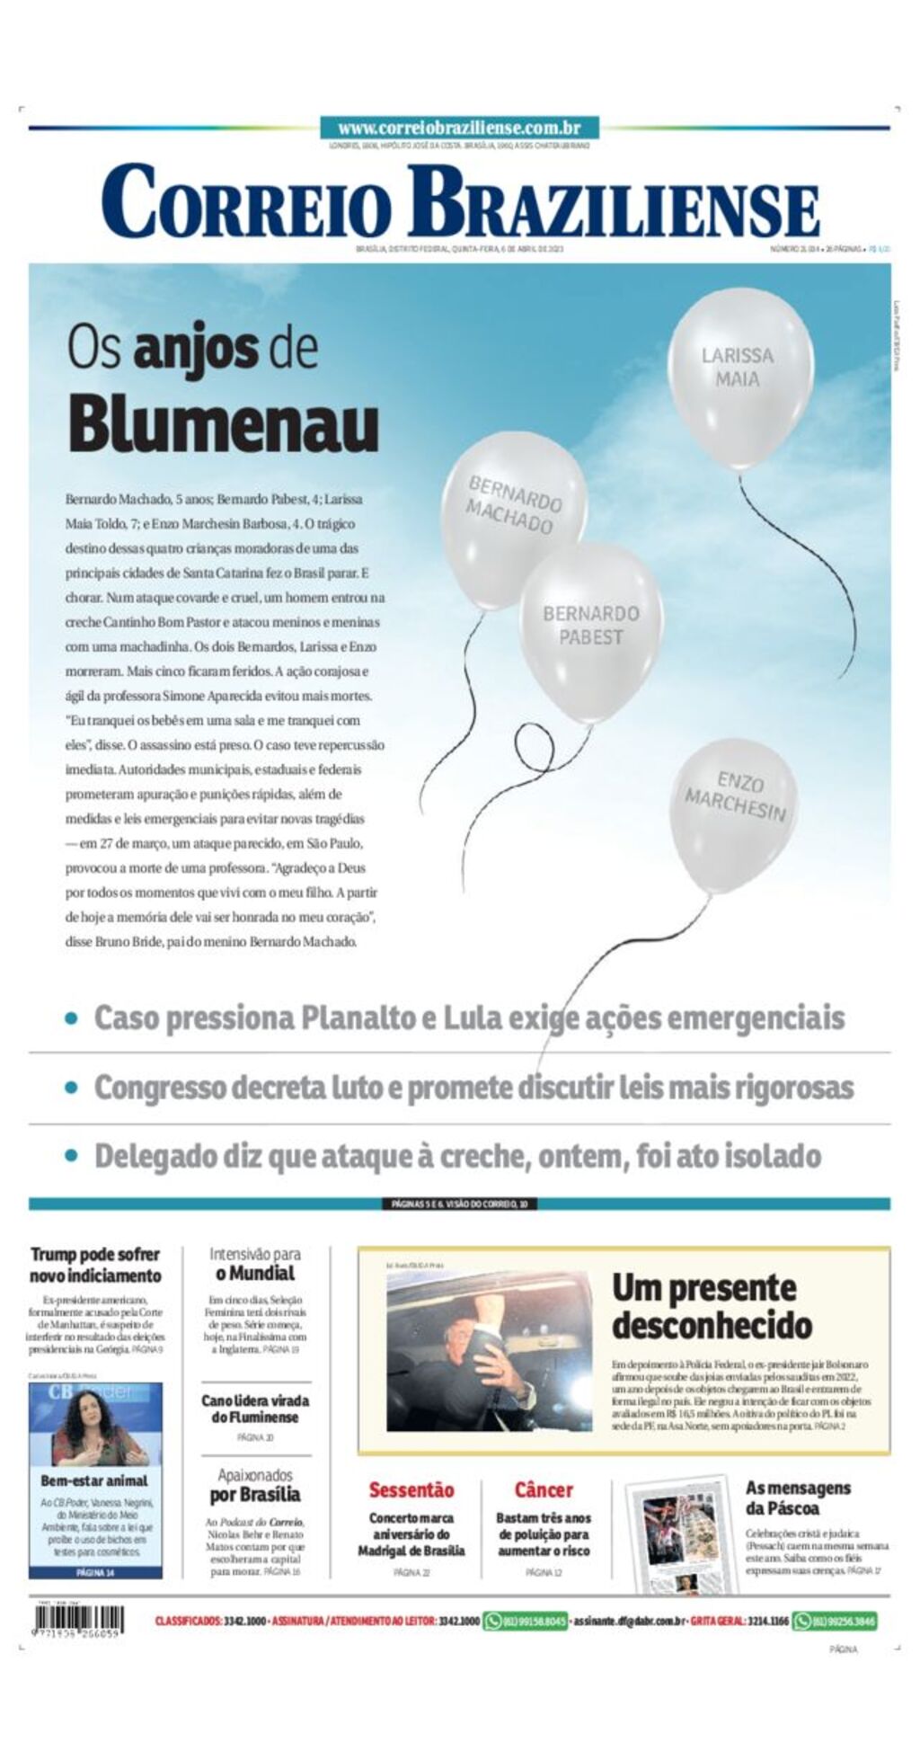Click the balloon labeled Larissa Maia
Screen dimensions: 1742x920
(739, 376)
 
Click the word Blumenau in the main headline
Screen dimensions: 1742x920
(224, 424)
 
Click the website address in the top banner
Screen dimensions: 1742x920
(459, 129)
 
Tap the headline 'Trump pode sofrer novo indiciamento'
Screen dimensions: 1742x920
(95, 1264)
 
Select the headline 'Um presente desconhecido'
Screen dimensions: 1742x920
(712, 1305)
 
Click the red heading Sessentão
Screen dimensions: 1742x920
(411, 1489)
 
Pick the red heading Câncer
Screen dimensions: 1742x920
(544, 1489)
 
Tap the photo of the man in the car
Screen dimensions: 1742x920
(489, 1350)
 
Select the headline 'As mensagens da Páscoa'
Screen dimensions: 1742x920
(797, 1498)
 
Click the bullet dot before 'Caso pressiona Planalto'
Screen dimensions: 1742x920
(72, 1018)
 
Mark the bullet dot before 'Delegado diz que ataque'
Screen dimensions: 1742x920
(72, 1156)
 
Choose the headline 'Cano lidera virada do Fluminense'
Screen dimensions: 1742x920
(255, 1409)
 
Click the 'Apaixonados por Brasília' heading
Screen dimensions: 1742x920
(255, 1485)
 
